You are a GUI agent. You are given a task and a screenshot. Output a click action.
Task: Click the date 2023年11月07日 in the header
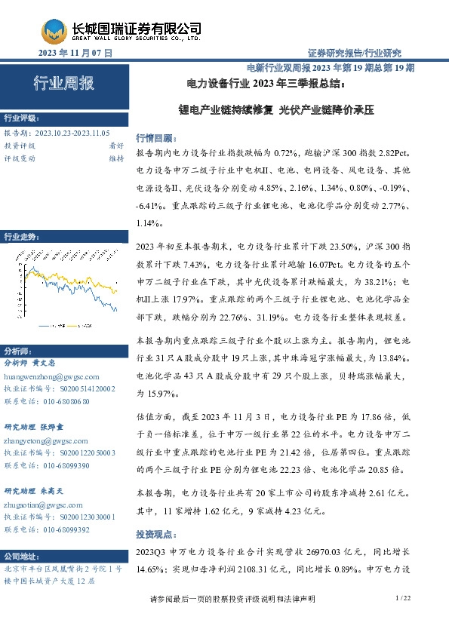pos(75,53)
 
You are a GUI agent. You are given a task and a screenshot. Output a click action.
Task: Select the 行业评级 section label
pos(22,119)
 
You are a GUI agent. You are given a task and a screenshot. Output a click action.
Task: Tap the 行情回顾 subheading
pos(153,139)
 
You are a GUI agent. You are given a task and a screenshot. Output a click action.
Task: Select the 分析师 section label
pos(20,351)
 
